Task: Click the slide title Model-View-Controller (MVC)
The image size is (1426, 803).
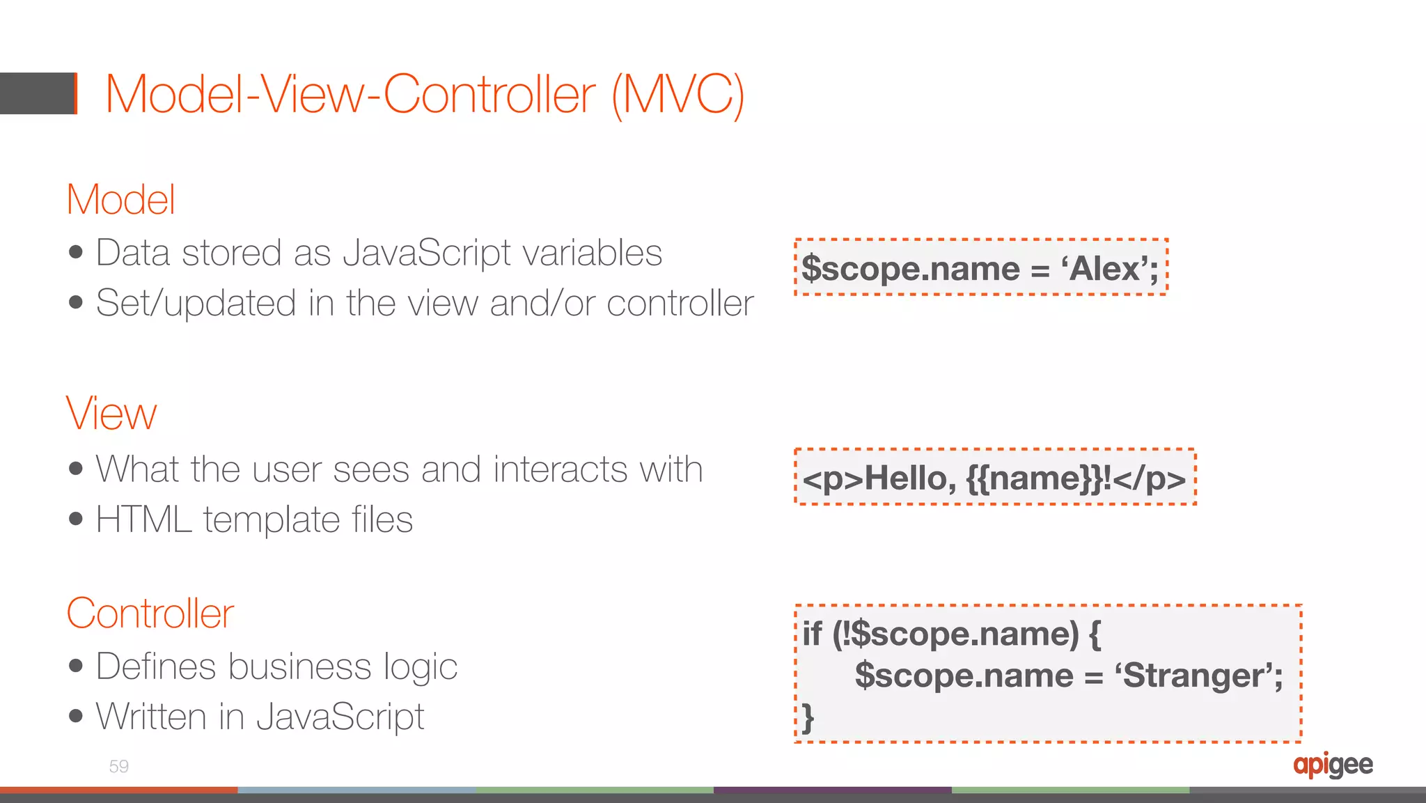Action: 425,95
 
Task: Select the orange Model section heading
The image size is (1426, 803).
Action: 120,200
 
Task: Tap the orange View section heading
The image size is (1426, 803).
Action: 111,414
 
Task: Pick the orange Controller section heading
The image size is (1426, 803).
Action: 150,614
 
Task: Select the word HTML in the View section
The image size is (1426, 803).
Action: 143,520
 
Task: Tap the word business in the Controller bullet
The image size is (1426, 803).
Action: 300,666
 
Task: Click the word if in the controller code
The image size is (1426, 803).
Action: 812,634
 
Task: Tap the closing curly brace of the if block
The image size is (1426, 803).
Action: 808,718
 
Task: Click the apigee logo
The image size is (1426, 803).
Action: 1333,765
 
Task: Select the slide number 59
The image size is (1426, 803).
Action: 118,767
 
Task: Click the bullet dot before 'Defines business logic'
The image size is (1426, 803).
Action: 76,666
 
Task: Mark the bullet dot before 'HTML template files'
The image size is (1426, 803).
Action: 76,520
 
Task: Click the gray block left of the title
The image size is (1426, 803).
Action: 36,93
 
